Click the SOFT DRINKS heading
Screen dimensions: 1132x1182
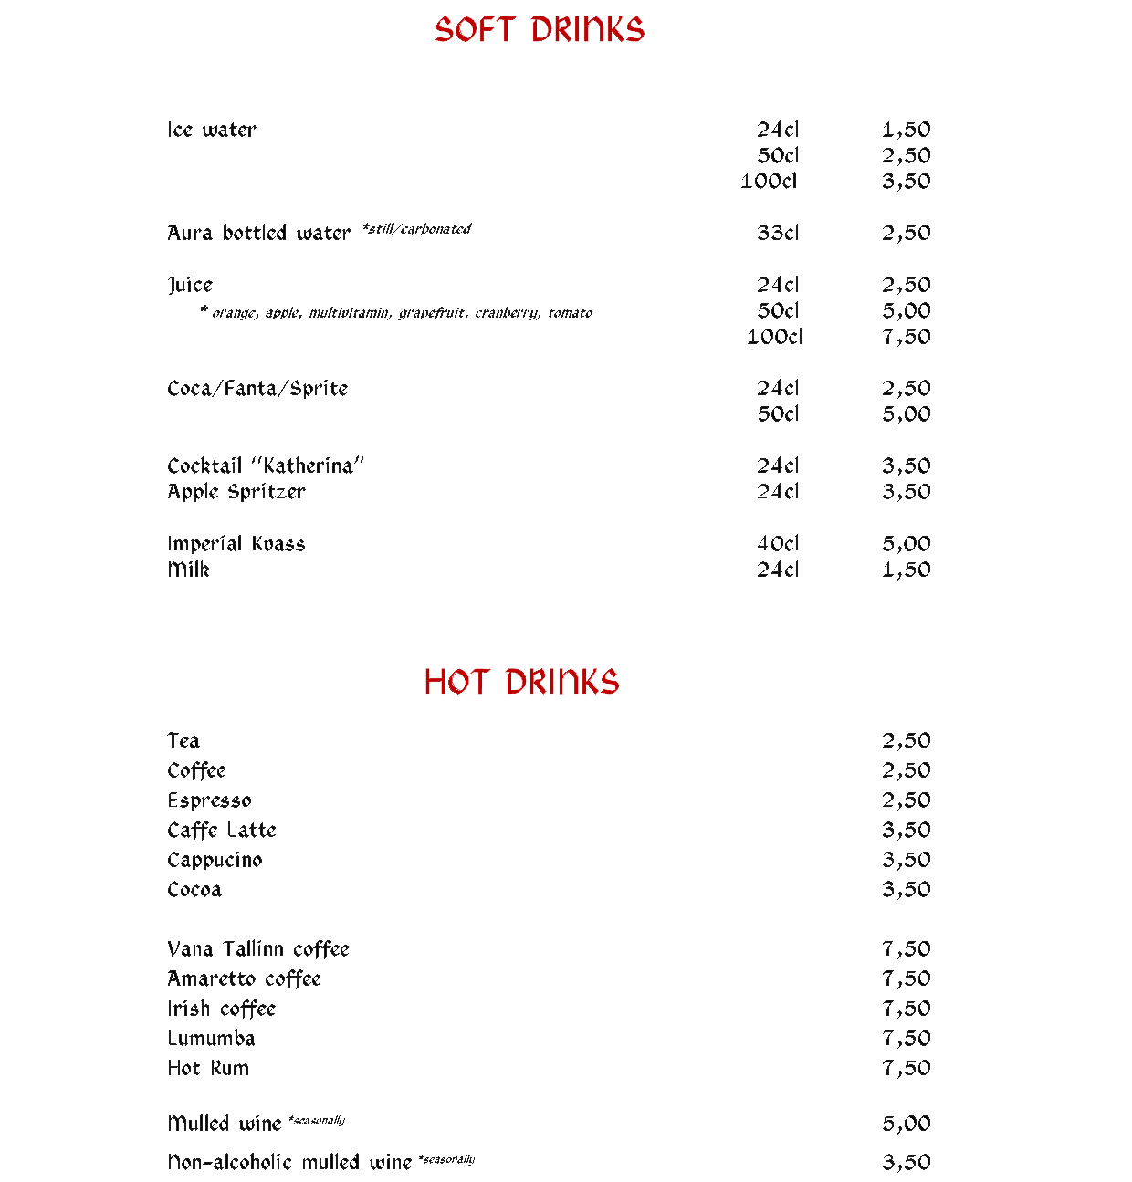click(539, 30)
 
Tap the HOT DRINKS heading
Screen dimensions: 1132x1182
click(521, 682)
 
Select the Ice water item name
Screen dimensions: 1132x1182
click(212, 130)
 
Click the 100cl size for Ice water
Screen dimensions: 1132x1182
click(769, 181)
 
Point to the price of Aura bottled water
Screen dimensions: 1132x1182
click(906, 233)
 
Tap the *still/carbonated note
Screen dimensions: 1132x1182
click(416, 229)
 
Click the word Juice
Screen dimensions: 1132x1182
click(190, 285)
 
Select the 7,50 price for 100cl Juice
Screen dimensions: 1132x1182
click(906, 337)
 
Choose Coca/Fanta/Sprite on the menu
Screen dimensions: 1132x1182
click(257, 389)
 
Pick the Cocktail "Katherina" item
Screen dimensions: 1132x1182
click(266, 465)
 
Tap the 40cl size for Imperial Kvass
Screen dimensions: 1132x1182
click(778, 543)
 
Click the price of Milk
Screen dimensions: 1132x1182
click(906, 570)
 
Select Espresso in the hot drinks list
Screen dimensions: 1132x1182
click(209, 800)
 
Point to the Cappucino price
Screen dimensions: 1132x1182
click(906, 860)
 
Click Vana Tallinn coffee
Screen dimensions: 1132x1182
click(258, 948)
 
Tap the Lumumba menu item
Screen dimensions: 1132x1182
click(211, 1038)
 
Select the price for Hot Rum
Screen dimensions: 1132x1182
click(906, 1068)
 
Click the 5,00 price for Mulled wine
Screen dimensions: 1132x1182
click(906, 1124)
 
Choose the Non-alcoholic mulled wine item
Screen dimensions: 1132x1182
click(289, 1162)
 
